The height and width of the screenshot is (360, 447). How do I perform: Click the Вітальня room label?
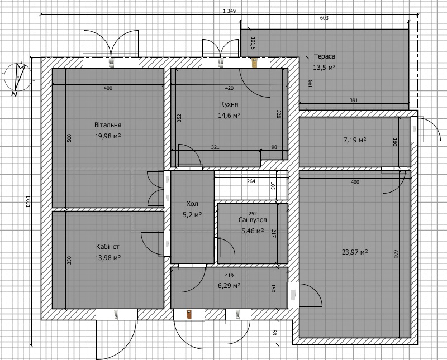coord(108,125)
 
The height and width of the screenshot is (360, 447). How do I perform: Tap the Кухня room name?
coord(229,104)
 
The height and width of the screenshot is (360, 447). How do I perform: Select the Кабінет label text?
coord(108,247)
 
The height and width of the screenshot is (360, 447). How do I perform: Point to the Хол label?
coord(192,204)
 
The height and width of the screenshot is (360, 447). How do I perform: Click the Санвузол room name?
coord(253,220)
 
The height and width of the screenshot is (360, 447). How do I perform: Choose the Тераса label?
coord(325,56)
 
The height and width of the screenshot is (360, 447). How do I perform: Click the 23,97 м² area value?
coord(355,252)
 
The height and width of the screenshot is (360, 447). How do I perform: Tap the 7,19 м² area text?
coord(355,140)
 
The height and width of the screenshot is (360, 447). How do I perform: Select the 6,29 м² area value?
coord(229,285)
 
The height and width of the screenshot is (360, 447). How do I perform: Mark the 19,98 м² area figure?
coord(108,136)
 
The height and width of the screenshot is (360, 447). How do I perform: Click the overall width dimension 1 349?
coord(229,11)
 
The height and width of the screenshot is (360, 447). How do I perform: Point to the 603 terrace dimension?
coord(324,18)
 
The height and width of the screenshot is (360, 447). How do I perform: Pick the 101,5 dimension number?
coord(253,44)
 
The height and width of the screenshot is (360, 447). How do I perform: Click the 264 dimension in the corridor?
coord(251,181)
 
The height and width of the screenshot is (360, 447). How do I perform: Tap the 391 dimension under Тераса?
coord(354,100)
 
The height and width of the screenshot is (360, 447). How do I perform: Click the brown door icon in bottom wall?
coord(189,314)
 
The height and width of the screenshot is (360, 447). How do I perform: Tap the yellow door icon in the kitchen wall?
coord(254,63)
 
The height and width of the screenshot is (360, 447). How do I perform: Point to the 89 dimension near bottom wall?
coord(274,333)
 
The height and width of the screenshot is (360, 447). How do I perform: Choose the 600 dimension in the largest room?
coord(396,254)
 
